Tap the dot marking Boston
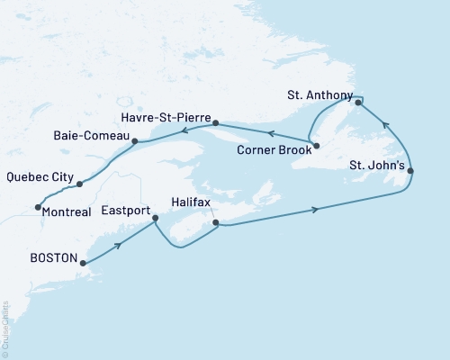point(82,264)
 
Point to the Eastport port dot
point(155,219)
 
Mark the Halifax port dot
point(214,222)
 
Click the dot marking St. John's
point(410,171)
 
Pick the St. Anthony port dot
point(358,103)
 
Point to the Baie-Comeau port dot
point(134,141)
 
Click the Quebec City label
point(39,176)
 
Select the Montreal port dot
point(37,208)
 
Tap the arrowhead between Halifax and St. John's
point(315,210)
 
